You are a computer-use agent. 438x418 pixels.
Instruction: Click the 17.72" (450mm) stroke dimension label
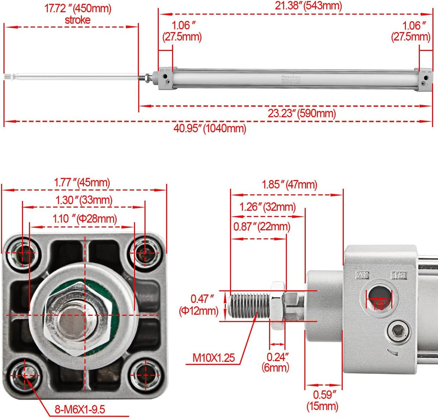point(77,13)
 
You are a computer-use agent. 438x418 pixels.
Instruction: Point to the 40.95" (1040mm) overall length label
point(210,129)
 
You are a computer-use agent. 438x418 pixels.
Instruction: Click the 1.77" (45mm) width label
point(82,183)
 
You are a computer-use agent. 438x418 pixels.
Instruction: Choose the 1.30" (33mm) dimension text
point(84,200)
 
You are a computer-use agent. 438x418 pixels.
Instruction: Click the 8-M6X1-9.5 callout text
point(80,409)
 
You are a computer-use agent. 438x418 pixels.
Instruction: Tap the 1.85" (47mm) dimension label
point(289,185)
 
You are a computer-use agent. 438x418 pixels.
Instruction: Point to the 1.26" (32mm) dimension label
point(267,207)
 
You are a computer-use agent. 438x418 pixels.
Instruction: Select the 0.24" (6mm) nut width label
point(278,362)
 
